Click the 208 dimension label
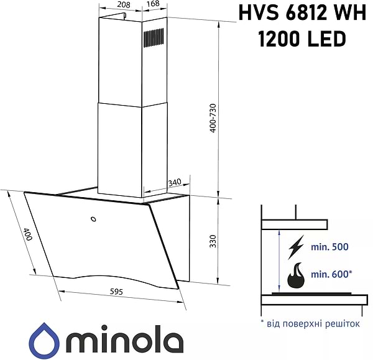tap(123, 5)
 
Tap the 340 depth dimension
tap(174, 182)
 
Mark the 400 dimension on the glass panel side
tap(27, 235)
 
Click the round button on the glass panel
tap(93, 218)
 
